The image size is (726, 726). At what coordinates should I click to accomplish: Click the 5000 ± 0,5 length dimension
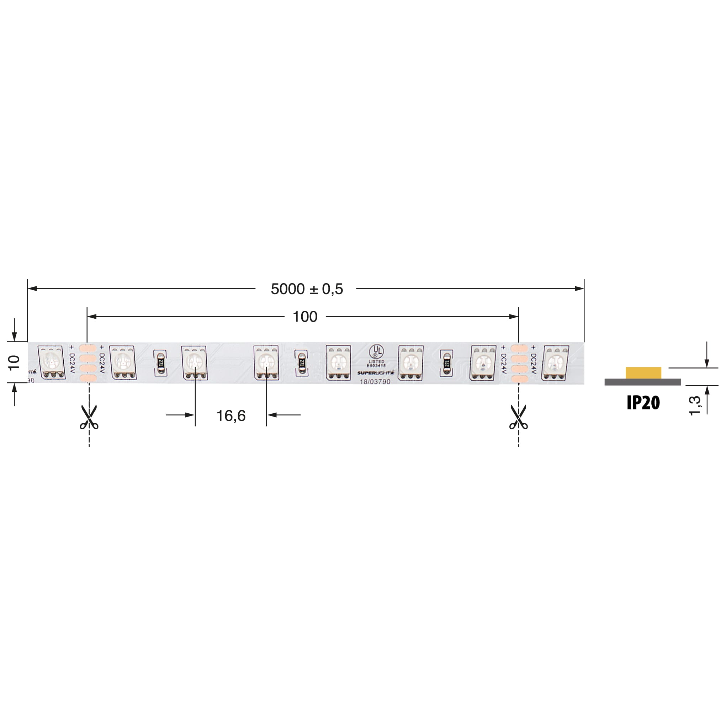click(x=307, y=289)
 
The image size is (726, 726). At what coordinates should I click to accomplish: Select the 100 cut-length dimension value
click(x=305, y=317)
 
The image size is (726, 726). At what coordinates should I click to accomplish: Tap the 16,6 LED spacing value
click(x=231, y=415)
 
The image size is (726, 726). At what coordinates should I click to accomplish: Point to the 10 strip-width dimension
click(x=14, y=362)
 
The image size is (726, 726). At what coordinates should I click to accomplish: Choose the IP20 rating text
click(x=643, y=403)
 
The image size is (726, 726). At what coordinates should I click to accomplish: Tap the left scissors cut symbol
click(x=89, y=417)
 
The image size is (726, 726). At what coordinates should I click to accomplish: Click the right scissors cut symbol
click(x=519, y=417)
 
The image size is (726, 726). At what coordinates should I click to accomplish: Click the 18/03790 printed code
click(x=375, y=382)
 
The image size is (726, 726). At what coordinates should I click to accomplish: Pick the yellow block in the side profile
click(x=643, y=373)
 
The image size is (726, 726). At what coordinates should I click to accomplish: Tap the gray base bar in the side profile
click(x=642, y=382)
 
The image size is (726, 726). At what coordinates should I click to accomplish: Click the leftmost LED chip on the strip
click(x=52, y=362)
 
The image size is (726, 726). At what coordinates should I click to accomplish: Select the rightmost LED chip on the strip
click(x=555, y=362)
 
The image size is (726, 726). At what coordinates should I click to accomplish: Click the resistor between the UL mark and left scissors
click(x=301, y=362)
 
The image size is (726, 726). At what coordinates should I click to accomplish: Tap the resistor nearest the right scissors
click(x=446, y=363)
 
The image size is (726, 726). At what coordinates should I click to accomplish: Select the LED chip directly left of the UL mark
click(x=338, y=362)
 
